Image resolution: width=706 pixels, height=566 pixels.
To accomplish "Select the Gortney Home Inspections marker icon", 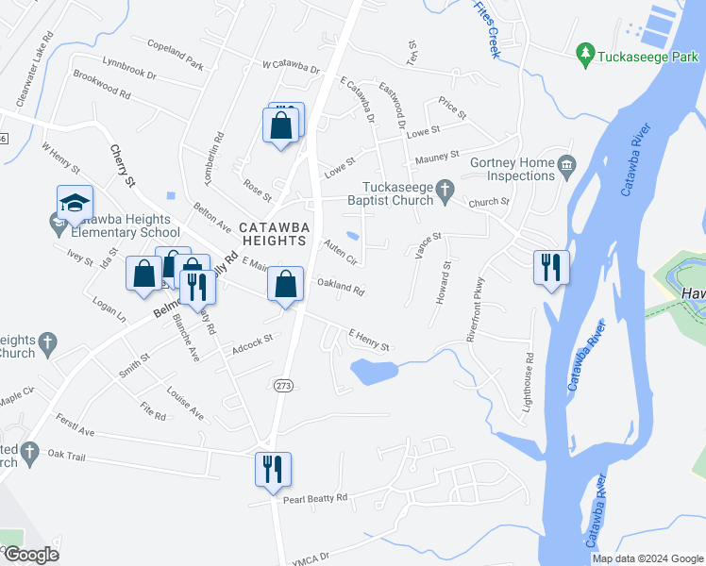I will pyautogui.click(x=566, y=167).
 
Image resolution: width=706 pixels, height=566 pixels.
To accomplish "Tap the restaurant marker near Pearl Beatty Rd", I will pyautogui.click(x=273, y=469).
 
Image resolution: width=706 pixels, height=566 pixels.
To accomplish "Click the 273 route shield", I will pyautogui.click(x=282, y=385).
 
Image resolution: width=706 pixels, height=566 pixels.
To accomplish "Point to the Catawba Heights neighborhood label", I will pyautogui.click(x=272, y=233).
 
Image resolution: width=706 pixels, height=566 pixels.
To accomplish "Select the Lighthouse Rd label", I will pyautogui.click(x=529, y=372).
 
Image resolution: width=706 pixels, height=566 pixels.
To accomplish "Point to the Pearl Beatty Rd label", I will pyautogui.click(x=315, y=498).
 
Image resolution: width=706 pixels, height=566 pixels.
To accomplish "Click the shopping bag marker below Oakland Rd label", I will pyautogui.click(x=285, y=285).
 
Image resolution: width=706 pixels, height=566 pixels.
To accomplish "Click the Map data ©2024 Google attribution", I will pyautogui.click(x=647, y=558).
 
